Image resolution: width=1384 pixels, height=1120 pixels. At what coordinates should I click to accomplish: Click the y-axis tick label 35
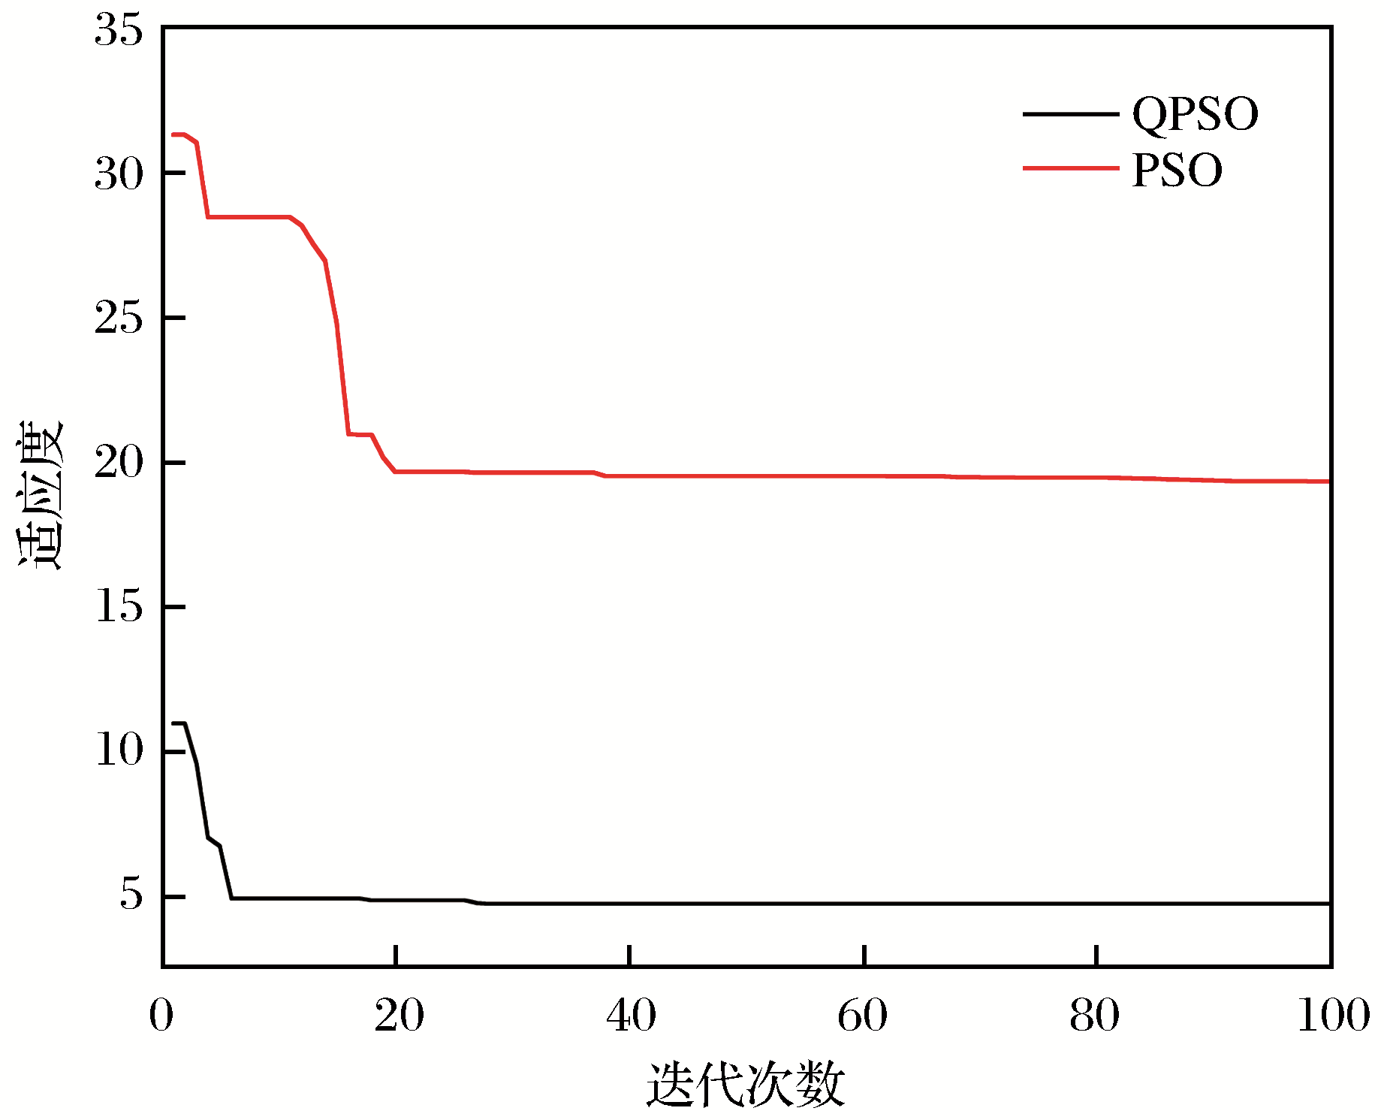pos(118,32)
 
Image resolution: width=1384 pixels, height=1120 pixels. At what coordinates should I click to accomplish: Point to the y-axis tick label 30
pos(118,175)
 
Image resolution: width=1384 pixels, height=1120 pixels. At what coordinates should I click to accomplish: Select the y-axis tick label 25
pos(118,318)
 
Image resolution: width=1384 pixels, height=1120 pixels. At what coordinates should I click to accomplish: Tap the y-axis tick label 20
pos(118,462)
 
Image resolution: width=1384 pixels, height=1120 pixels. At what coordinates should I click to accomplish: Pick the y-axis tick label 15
pos(118,606)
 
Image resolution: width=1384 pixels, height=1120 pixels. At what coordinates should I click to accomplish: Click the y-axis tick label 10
pos(118,750)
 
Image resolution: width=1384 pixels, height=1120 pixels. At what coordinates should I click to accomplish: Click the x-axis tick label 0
pos(161,1016)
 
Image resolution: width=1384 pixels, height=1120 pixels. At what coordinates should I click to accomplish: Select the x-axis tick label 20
pos(399,1016)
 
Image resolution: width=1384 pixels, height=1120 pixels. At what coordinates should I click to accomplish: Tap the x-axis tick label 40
pos(632,1016)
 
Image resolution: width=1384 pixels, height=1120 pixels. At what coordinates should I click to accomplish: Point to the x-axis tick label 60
pos(863,1016)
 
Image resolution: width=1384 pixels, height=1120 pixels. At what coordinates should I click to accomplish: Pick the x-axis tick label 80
pos(1095,1016)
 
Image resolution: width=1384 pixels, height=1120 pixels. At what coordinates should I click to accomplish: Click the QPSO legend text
pos(1195,115)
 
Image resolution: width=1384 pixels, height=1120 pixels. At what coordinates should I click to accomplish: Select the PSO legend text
pos(1177,171)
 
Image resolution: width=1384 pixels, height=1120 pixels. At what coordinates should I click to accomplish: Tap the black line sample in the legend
pos(1070,114)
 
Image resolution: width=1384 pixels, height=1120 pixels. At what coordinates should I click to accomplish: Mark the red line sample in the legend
pos(1070,168)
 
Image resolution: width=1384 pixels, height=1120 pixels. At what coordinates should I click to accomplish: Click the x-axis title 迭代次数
pos(746,1084)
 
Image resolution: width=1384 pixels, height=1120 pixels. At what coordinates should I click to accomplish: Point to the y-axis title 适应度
pos(41,495)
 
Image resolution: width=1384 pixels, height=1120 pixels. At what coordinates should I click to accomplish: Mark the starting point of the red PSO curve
pos(173,135)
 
